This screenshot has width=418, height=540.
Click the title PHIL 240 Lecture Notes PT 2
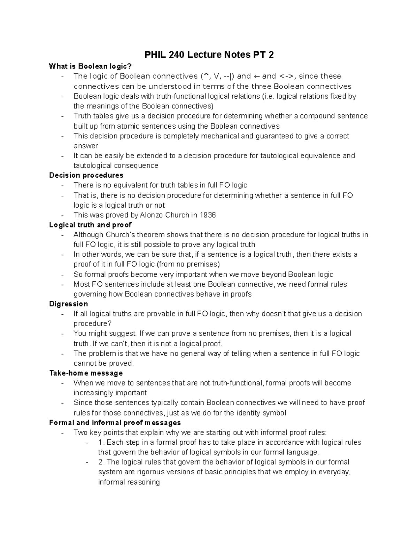(209, 55)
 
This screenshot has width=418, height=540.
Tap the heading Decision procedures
(86, 175)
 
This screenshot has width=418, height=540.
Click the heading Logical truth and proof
(90, 225)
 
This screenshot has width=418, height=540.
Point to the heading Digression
(68, 304)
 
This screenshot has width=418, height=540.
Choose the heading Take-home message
(86, 373)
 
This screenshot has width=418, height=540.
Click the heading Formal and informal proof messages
(115, 422)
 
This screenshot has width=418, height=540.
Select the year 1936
(208, 215)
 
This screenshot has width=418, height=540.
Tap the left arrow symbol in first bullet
(256, 76)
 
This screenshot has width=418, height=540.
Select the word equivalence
(320, 155)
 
